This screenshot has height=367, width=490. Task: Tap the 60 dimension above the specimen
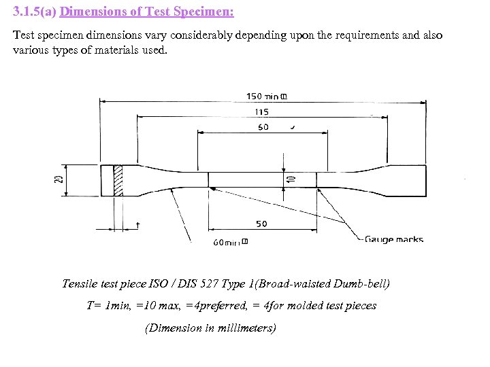(263, 127)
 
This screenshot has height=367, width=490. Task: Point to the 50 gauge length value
(261, 224)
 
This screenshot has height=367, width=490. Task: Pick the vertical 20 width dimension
(59, 180)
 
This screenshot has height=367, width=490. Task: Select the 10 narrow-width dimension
(291, 178)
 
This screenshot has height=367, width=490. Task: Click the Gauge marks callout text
(394, 239)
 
